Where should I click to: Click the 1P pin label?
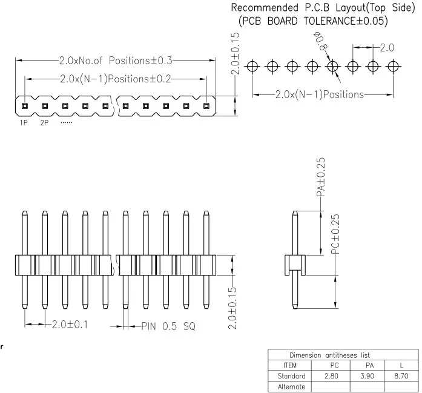click(x=24, y=123)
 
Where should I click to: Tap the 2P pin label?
click(x=44, y=123)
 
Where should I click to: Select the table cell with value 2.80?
click(x=331, y=376)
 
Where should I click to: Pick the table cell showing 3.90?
click(x=368, y=376)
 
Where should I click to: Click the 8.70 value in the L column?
click(x=401, y=376)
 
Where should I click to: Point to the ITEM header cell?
click(x=290, y=365)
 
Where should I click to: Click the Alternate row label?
click(x=291, y=386)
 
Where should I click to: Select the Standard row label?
click(x=291, y=376)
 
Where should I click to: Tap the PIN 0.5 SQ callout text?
click(x=168, y=326)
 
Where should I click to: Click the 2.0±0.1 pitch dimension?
click(x=70, y=325)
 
